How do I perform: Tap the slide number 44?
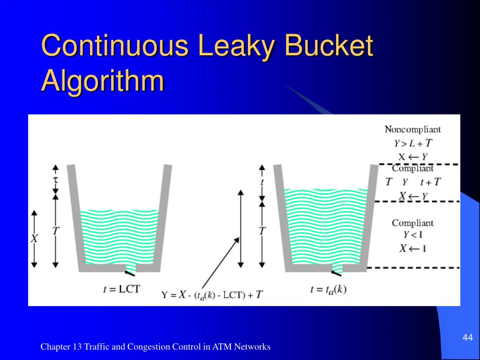click(467, 338)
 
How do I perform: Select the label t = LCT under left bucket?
click(121, 289)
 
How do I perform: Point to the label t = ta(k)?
click(328, 289)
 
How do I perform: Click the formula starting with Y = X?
click(212, 295)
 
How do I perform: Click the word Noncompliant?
click(412, 129)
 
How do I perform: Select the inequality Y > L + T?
click(412, 143)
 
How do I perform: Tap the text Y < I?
click(412, 235)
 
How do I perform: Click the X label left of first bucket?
click(34, 239)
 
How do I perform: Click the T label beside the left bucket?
click(56, 231)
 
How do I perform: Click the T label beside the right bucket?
click(262, 231)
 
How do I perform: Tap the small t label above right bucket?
click(262, 182)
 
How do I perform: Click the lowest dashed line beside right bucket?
click(412, 268)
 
